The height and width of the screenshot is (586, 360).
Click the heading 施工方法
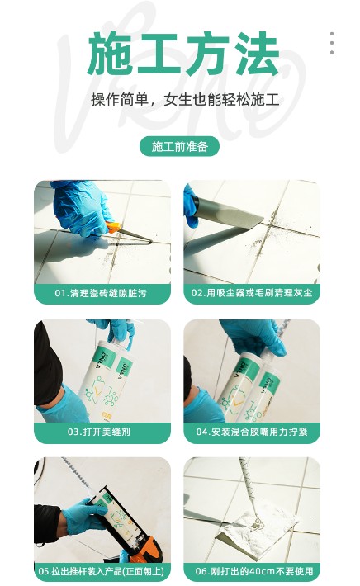[183, 54]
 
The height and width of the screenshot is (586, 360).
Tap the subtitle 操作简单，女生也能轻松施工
[185, 100]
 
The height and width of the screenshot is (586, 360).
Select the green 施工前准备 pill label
[179, 147]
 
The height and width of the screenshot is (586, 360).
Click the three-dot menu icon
[332, 44]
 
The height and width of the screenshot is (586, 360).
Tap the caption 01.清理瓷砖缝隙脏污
[101, 293]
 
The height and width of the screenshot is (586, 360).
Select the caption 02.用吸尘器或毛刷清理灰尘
[252, 293]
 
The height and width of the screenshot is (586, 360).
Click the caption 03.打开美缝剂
[99, 432]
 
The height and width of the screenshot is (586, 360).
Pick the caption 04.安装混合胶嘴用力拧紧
[252, 432]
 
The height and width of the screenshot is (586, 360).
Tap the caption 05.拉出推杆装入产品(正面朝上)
[102, 571]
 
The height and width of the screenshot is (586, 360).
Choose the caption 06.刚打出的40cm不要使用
[254, 571]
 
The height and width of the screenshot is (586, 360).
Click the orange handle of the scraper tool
[113, 227]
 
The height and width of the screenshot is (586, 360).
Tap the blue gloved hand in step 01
[83, 206]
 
